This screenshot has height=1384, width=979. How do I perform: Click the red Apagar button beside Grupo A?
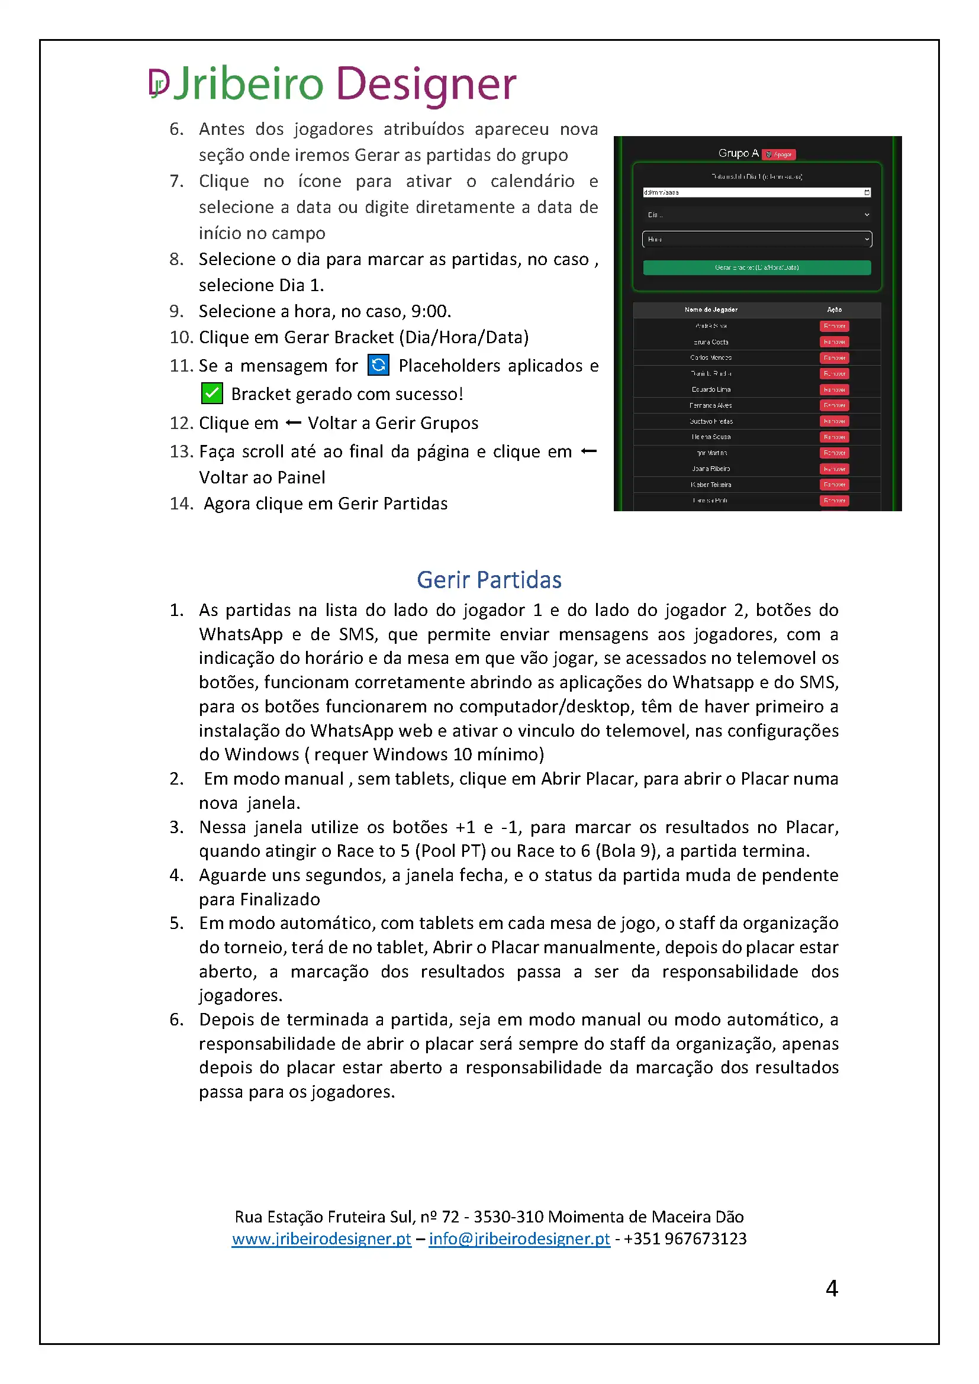coord(779,154)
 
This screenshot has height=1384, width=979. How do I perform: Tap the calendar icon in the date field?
coord(867,192)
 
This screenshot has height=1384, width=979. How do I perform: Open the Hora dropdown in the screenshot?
coord(756,239)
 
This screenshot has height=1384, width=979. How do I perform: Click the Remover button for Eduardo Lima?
coord(835,389)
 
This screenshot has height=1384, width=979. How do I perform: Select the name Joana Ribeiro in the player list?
coord(711,469)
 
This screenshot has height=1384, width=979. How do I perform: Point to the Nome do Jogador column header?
coord(711,309)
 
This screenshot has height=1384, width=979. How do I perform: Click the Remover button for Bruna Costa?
coord(835,342)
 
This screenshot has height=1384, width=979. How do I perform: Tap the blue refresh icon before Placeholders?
coord(378,364)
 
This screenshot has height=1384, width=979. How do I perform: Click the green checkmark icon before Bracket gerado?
coord(211,393)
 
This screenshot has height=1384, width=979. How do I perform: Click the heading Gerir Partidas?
coord(489,579)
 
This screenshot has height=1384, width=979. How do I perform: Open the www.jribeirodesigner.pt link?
coord(321,1238)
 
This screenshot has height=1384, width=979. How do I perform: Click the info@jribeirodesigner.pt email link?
coord(519,1238)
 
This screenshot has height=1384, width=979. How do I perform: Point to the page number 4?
coord(831,1289)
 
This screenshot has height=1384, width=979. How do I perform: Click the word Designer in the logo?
coord(426,83)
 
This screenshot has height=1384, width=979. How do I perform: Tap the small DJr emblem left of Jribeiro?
coord(159,83)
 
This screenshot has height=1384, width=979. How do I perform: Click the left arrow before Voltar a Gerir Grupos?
coord(293,422)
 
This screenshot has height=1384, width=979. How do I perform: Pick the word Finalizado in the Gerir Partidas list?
coord(280,899)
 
